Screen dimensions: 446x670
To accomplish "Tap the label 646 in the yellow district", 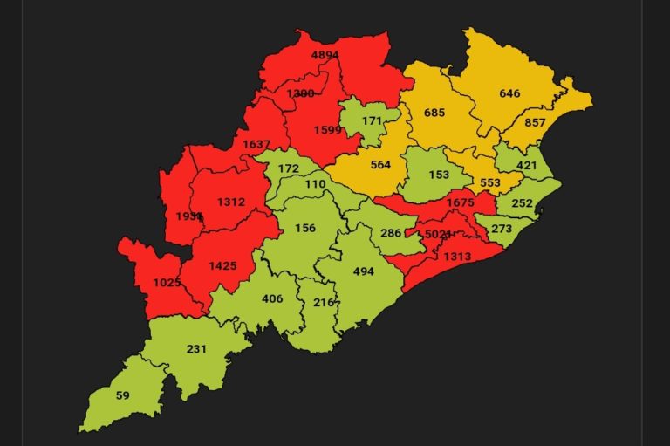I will click(509, 93).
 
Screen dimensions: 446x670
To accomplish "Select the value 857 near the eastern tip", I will click(535, 123).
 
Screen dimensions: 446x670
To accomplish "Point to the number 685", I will click(434, 113).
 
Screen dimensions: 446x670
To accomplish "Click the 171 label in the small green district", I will click(373, 119).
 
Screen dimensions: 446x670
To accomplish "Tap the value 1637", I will click(256, 145).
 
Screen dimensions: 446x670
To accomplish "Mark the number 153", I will click(439, 174).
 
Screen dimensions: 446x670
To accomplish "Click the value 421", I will click(526, 164).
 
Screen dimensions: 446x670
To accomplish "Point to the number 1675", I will click(460, 203).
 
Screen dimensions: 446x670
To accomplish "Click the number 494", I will click(363, 271).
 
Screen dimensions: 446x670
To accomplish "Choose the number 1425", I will click(222, 265).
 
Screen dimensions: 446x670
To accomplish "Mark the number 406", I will click(272, 299).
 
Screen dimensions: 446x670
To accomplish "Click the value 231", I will click(196, 348).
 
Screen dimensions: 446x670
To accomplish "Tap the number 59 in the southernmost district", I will click(122, 395).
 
